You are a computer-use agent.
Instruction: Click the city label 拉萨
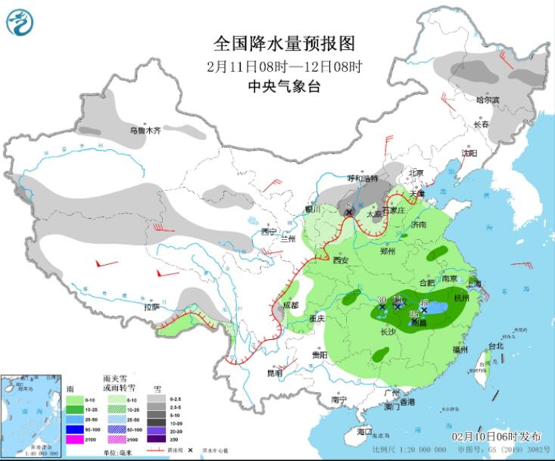point(151,307)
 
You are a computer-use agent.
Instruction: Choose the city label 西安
point(341,260)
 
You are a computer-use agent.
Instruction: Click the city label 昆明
point(273,372)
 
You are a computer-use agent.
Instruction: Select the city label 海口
point(365,431)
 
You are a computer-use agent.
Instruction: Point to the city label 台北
point(495,346)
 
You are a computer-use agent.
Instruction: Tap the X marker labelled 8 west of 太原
point(349,213)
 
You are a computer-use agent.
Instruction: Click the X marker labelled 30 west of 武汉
point(382,307)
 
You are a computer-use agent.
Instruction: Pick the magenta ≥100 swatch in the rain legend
point(75,440)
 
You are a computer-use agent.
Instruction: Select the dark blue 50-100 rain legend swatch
point(75,427)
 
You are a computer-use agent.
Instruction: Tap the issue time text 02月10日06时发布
point(496,437)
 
